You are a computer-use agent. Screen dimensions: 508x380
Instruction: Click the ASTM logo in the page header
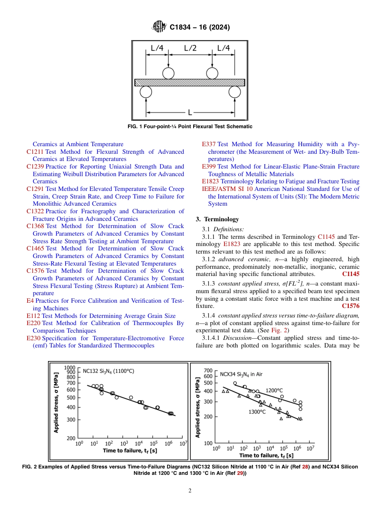[159, 27]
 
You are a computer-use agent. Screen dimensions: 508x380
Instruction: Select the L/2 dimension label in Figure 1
[190, 48]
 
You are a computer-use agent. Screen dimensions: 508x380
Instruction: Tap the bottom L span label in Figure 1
[190, 113]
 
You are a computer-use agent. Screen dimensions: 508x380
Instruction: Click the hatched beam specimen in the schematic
[190, 82]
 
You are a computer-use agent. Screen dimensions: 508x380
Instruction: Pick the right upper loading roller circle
[212, 73]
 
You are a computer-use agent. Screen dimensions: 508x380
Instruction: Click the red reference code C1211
[35, 152]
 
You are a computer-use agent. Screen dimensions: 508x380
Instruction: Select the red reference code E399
[209, 167]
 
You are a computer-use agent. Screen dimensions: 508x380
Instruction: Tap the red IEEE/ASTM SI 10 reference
[227, 189]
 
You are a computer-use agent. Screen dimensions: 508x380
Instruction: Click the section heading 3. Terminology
[217, 219]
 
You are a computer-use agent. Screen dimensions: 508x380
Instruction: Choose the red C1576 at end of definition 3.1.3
[351, 306]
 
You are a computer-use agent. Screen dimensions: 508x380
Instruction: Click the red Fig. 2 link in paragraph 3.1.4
[277, 331]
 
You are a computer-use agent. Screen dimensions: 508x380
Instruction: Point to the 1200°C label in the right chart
[274, 390]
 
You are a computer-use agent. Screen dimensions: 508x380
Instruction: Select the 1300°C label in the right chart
[257, 412]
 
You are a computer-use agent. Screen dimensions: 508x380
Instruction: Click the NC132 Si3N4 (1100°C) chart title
[108, 371]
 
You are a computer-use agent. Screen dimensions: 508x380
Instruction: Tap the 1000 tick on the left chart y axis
[70, 367]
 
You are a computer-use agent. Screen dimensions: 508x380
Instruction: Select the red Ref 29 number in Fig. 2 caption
[240, 473]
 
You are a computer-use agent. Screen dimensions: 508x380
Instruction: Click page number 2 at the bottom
[190, 491]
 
